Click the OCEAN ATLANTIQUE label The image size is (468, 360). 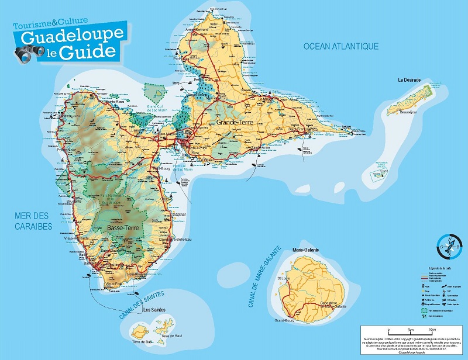[340, 46]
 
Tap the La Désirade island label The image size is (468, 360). [410, 80]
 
